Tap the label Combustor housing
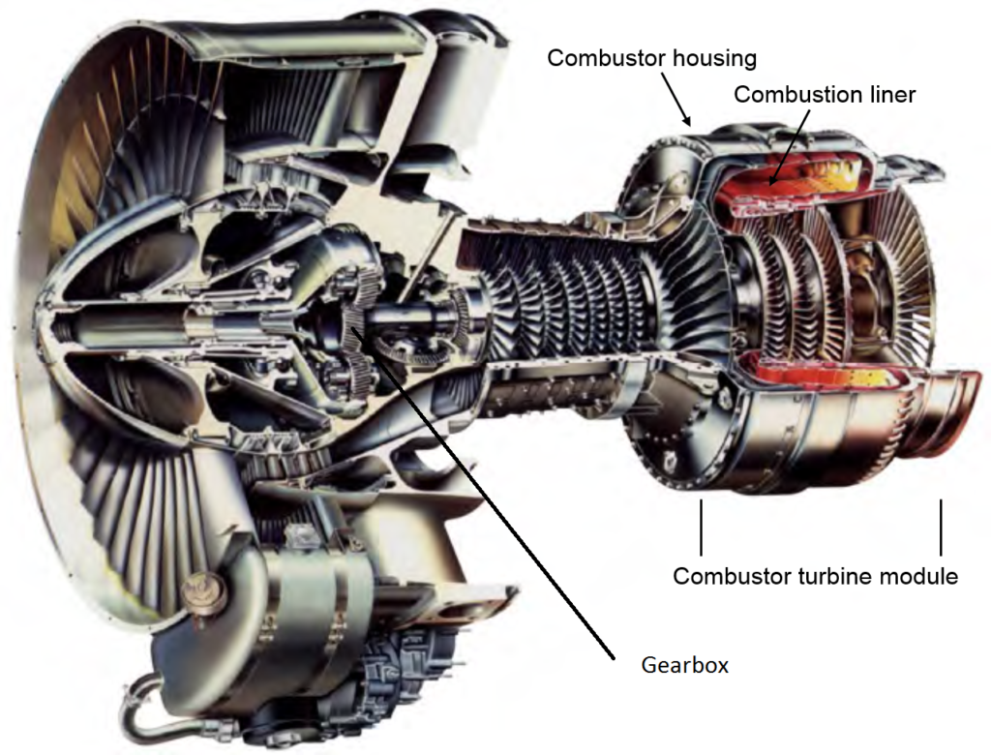651,58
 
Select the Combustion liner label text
824,95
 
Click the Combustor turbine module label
815,576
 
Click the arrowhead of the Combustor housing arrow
688,124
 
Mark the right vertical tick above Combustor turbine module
940,528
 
